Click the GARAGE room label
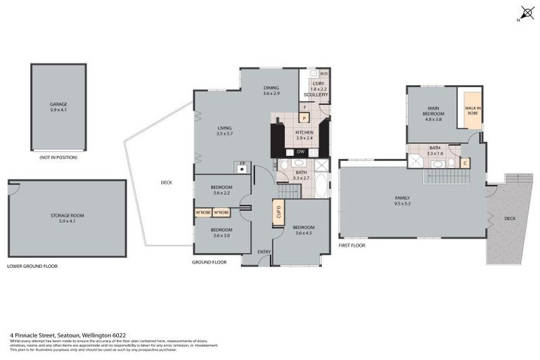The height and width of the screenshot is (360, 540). click(x=58, y=105)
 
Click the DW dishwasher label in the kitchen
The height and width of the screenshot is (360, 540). click(x=300, y=151)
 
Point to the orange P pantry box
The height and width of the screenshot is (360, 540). click(x=304, y=118)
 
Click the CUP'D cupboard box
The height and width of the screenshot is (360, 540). click(x=278, y=210)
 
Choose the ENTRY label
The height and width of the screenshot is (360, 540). click(x=264, y=252)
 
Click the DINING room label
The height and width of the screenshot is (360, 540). click(x=271, y=88)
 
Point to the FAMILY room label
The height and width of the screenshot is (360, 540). click(x=402, y=198)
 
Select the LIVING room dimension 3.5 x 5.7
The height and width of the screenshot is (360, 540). click(x=225, y=134)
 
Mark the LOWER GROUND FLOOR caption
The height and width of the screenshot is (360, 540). click(x=32, y=266)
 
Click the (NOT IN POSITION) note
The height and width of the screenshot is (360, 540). click(x=58, y=157)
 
